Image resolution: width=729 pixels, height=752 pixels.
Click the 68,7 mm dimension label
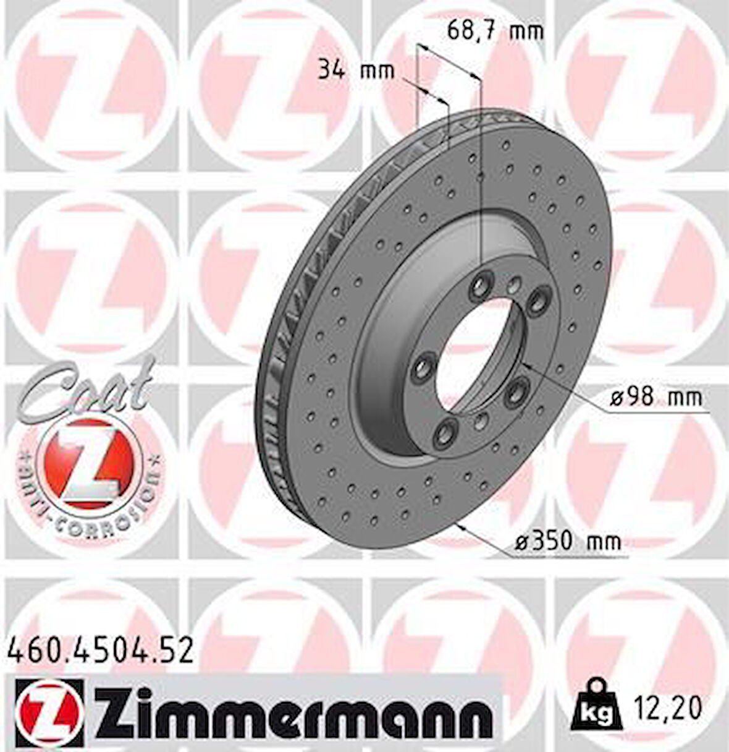(x=495, y=31)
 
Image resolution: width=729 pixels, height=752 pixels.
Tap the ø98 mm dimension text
(x=655, y=397)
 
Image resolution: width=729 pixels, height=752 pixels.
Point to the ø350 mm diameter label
(x=567, y=542)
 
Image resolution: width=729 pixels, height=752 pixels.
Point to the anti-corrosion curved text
(x=86, y=495)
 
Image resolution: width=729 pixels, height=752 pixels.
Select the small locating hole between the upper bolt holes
(x=513, y=285)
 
